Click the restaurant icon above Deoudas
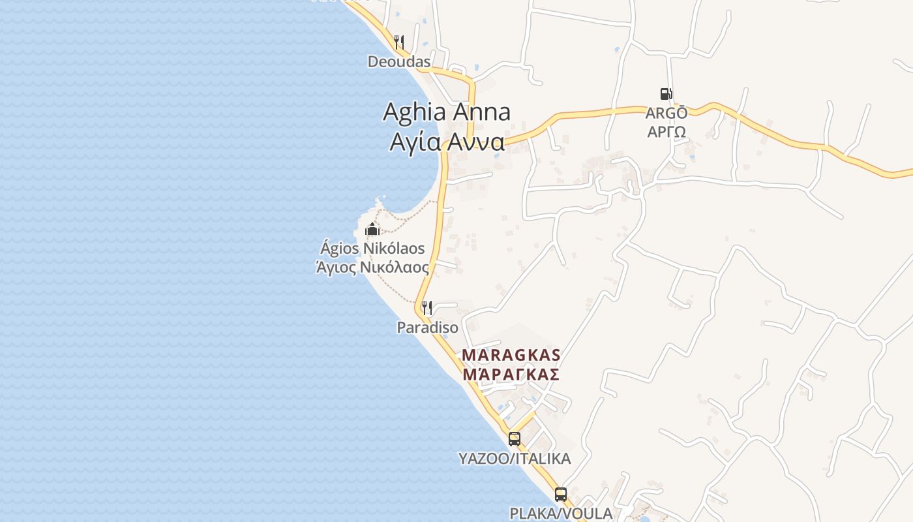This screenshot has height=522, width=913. tap(399, 42)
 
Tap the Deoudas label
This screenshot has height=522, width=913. tap(399, 62)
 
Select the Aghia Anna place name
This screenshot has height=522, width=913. tap(447, 112)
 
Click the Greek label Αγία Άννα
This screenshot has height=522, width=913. tap(447, 141)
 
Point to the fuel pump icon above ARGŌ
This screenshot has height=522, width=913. tap(666, 94)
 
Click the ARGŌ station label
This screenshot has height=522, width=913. tap(666, 113)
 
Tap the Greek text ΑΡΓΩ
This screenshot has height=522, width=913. tap(666, 131)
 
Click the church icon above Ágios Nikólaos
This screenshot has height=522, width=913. tap(372, 229)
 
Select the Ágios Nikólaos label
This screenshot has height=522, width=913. tap(372, 249)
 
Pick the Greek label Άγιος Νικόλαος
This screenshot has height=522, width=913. tap(372, 268)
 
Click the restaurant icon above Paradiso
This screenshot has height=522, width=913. tap(427, 307)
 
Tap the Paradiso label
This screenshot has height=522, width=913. tap(427, 327)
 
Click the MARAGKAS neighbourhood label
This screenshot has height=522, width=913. tap(511, 355)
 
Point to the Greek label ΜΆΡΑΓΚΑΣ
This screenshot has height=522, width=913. tap(511, 375)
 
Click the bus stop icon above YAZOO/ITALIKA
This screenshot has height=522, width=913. tap(515, 438)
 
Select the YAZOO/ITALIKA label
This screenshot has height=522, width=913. tap(515, 459)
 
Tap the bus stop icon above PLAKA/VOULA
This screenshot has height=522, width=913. tap(561, 494)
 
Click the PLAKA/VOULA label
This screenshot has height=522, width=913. tap(561, 514)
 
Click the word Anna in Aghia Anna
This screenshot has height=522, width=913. tap(481, 112)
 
